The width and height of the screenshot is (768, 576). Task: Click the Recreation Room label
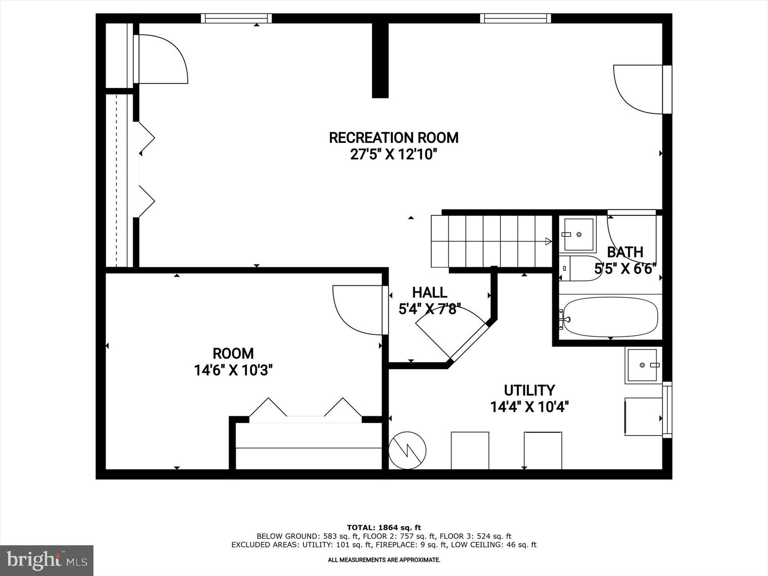point(393,138)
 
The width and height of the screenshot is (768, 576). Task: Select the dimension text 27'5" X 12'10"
point(393,154)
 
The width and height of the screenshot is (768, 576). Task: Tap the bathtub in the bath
point(610,317)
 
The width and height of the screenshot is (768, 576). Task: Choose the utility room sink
point(643,365)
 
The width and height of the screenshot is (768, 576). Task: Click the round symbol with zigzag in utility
point(407,450)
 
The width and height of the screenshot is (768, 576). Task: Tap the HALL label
point(429,293)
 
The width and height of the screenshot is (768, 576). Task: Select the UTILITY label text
point(529,390)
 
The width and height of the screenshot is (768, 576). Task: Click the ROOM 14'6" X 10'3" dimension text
point(233,370)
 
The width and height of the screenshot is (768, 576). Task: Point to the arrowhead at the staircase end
point(548,241)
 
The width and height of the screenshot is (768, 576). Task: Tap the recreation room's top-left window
point(236,18)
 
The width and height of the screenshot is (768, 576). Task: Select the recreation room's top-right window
point(515,18)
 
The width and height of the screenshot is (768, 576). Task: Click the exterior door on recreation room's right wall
point(639,90)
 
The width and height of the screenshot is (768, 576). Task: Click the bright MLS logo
point(47,560)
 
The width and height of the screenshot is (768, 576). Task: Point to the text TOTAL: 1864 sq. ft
point(384,528)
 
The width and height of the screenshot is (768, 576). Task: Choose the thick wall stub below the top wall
point(380,60)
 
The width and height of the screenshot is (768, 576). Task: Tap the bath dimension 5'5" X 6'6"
point(625,268)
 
